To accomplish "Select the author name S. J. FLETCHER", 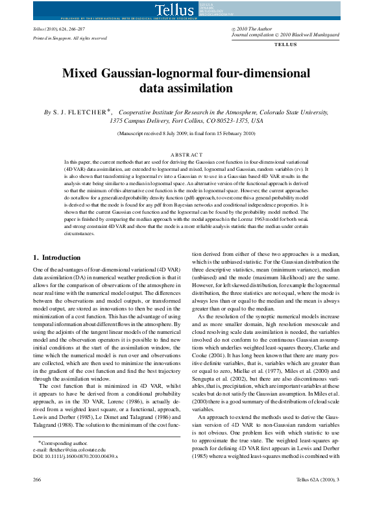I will (83, 112).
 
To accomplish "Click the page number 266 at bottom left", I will (38, 497).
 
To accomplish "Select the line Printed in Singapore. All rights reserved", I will (70, 38).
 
